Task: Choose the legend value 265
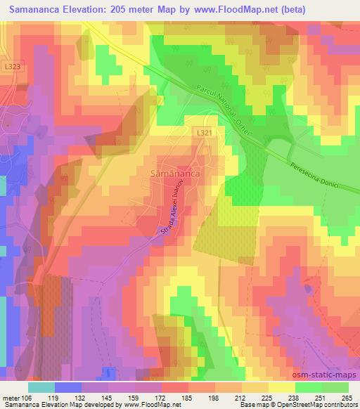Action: [345, 398]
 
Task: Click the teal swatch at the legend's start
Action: [41, 387]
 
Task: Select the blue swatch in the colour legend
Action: [68, 387]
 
